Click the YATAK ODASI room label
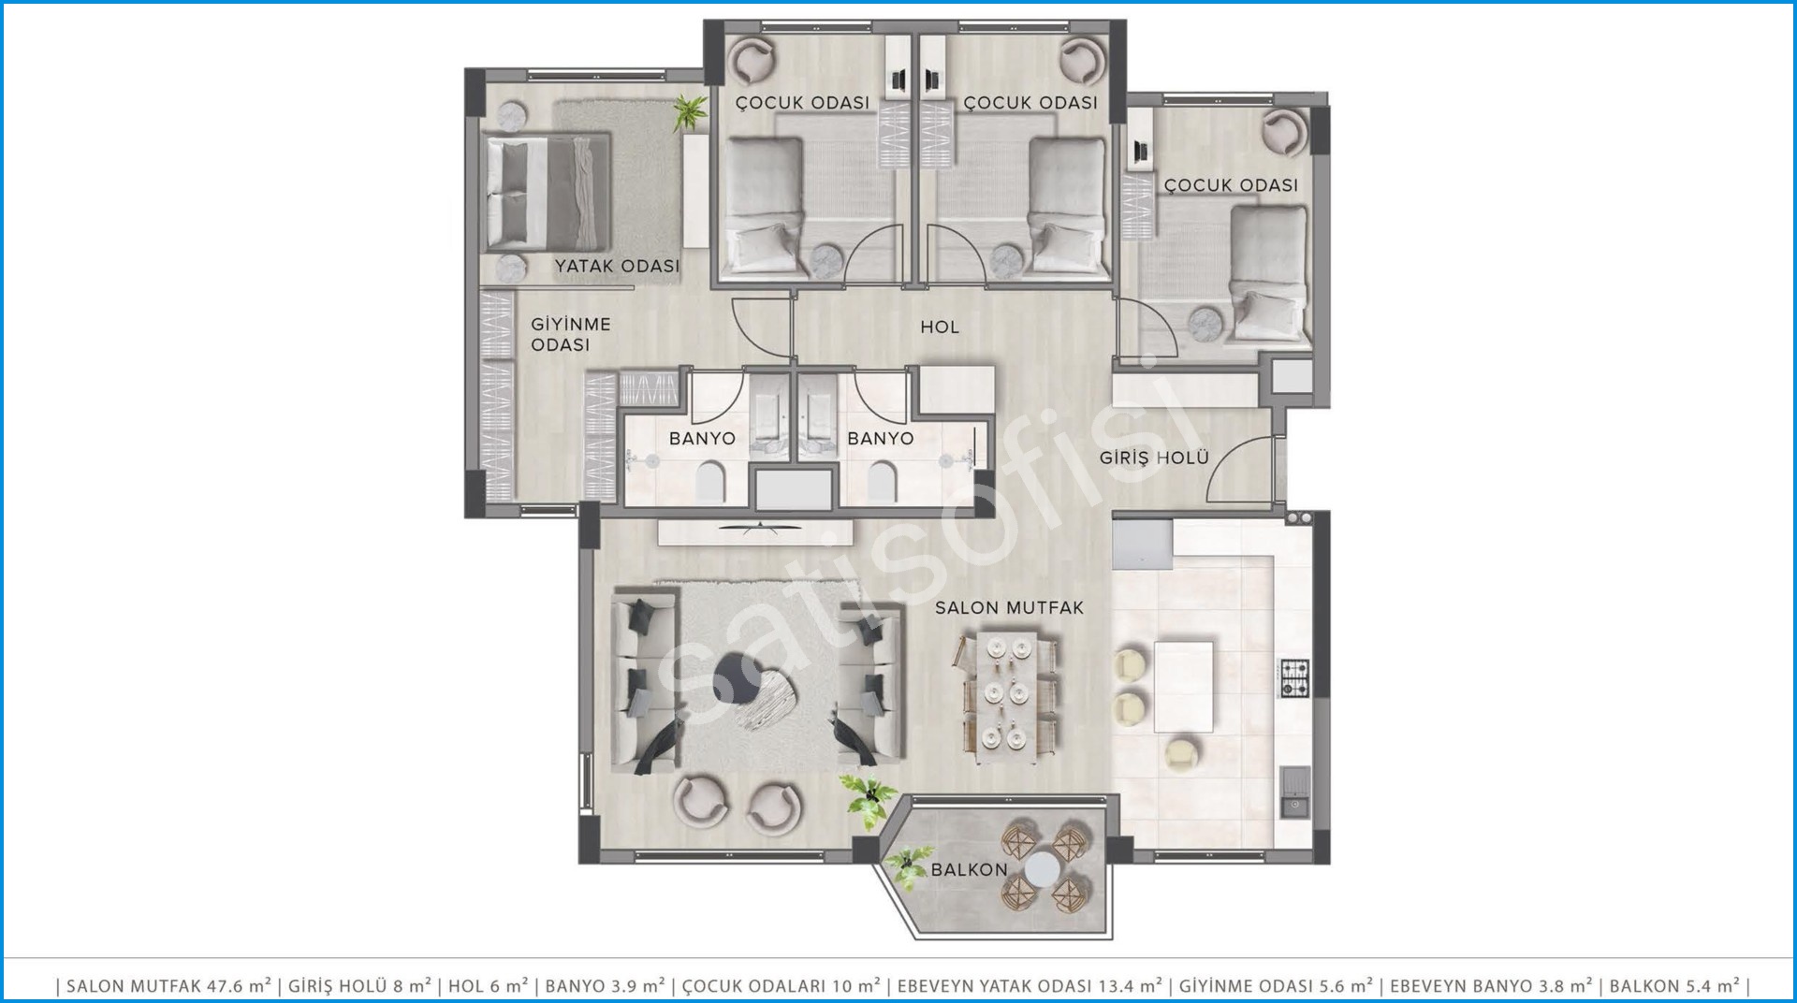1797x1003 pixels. pos(617,266)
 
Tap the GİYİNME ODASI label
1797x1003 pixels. pos(570,334)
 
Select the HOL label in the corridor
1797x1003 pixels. pos(940,327)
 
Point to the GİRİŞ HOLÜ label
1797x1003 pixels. pos(1154,458)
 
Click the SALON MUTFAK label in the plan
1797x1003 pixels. pos(1009,607)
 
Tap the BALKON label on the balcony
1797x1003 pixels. pos(969,869)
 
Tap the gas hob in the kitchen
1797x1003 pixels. pos(1294,678)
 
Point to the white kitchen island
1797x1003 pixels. pos(1183,686)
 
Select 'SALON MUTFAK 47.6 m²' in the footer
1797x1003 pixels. pos(168,985)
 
